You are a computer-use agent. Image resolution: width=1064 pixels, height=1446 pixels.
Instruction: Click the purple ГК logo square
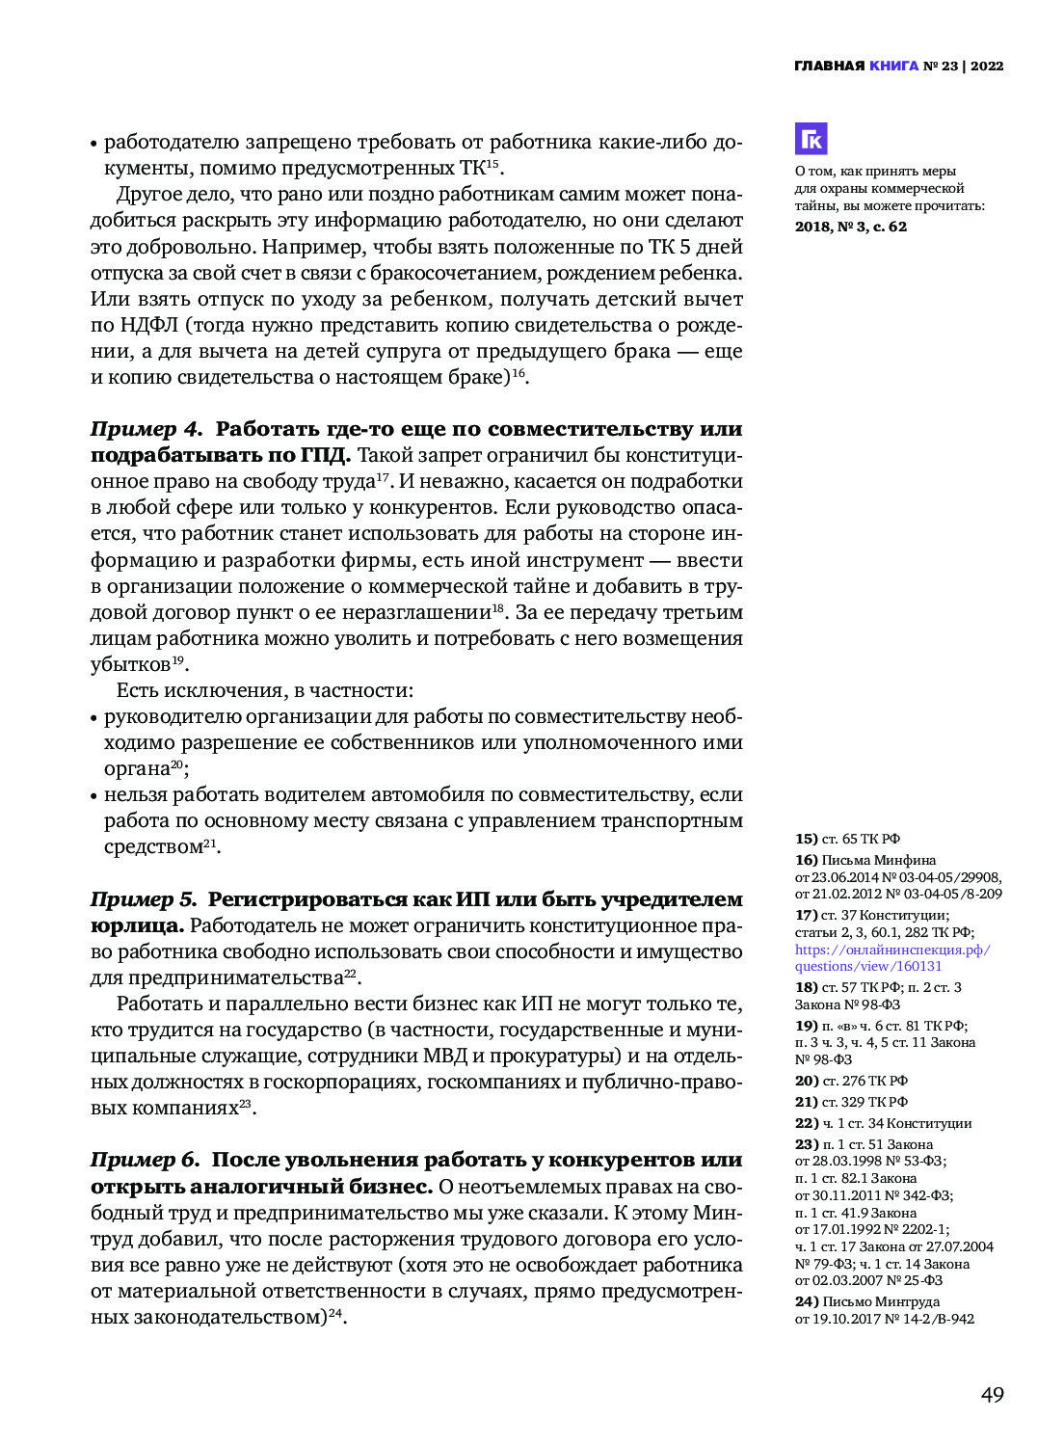coord(811,139)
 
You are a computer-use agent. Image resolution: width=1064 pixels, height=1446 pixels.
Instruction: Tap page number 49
coord(992,1395)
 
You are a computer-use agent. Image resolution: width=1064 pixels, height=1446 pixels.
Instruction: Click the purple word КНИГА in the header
coord(893,67)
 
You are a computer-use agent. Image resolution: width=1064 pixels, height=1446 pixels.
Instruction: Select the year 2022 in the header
coord(987,67)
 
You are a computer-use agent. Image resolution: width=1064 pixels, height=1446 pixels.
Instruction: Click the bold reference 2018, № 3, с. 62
coord(851,228)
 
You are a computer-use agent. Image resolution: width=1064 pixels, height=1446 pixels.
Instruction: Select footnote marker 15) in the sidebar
coord(806,839)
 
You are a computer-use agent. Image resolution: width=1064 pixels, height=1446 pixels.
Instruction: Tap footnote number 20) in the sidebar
coord(806,1081)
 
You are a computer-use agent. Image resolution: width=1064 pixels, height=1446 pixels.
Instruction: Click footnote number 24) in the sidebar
coord(806,1301)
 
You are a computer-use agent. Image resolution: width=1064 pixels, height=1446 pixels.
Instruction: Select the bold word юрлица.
coord(136,925)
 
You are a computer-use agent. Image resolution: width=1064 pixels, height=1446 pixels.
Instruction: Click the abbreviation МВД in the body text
coord(446,1057)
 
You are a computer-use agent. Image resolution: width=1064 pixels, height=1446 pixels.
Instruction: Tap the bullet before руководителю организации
coord(94,719)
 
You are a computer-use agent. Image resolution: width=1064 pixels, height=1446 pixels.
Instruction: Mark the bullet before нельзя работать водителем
coord(94,797)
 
